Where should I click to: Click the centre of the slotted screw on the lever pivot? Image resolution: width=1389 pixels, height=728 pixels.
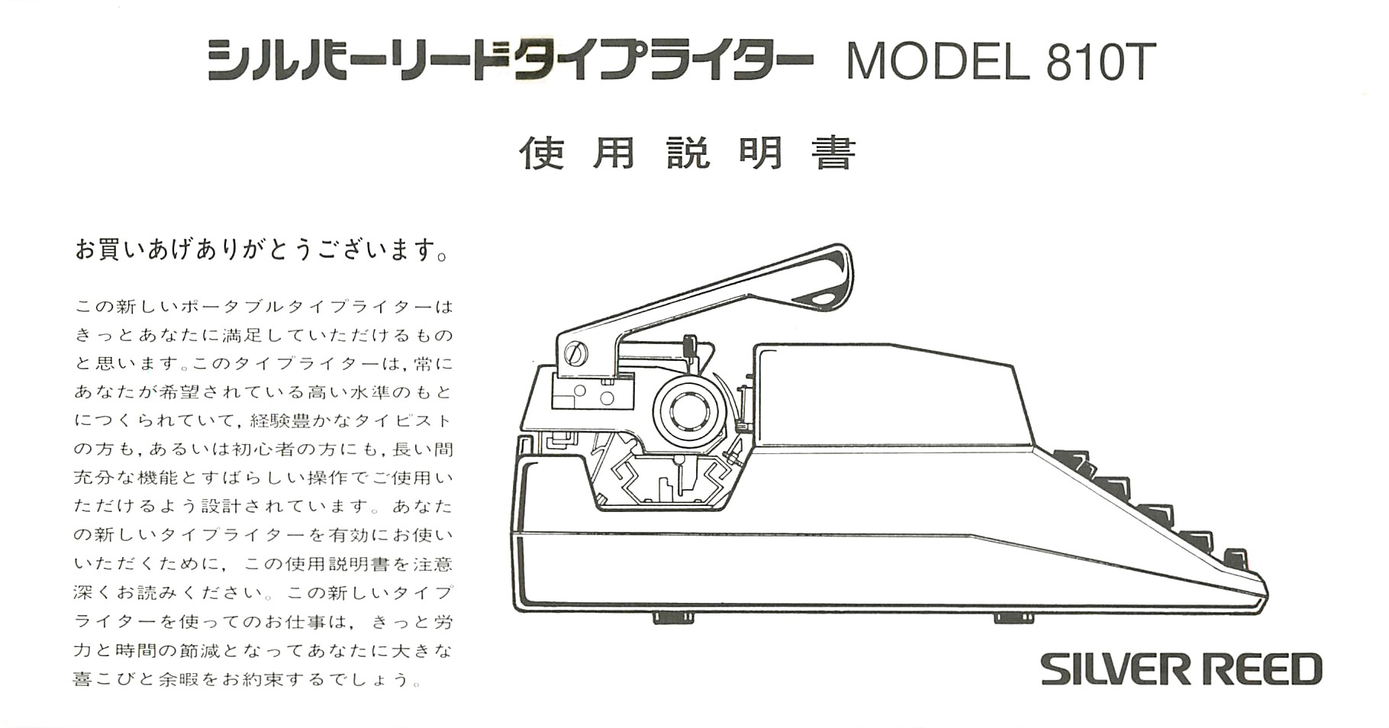click(x=576, y=353)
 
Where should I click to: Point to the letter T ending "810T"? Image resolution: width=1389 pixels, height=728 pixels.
click(x=1136, y=62)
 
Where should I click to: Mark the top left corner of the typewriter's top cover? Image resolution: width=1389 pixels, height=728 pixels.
click(x=756, y=346)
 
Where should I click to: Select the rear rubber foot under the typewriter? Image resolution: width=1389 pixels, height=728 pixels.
click(x=673, y=617)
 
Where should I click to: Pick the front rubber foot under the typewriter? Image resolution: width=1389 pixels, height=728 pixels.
click(x=1014, y=617)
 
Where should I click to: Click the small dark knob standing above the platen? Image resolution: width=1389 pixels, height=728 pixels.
click(x=690, y=345)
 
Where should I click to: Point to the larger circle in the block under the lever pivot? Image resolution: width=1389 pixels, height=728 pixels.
click(x=607, y=398)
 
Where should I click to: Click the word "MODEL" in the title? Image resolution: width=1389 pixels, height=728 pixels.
click(x=938, y=62)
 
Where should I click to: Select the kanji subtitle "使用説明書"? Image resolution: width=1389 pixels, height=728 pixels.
click(x=688, y=153)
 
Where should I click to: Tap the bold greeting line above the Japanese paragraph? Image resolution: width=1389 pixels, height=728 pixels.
click(x=262, y=250)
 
